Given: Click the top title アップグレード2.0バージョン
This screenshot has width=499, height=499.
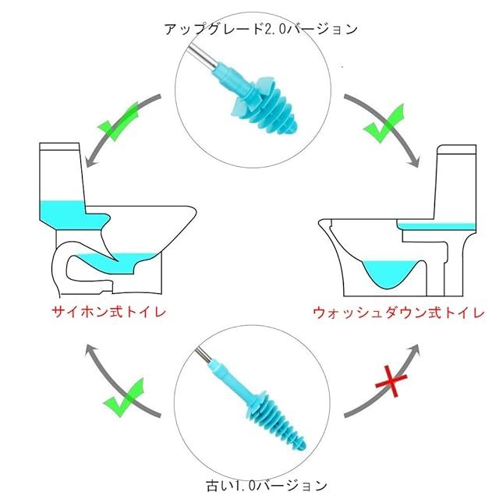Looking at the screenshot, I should click(260, 29).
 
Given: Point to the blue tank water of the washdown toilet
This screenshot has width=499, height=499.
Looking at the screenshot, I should click(437, 225).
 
